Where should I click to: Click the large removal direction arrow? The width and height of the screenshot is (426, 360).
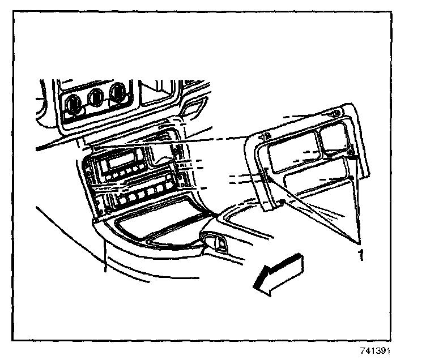[x=279, y=273]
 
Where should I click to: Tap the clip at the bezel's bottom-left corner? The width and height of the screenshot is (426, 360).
[x=282, y=202]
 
